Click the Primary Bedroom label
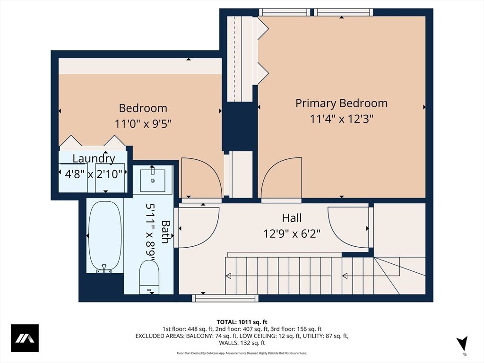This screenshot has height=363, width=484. tap(341, 103)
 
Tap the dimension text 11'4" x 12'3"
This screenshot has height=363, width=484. tap(341, 119)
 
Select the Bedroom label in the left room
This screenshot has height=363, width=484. tap(143, 108)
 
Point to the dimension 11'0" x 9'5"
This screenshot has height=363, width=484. tap(143, 124)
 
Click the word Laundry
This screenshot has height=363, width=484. tap(94, 159)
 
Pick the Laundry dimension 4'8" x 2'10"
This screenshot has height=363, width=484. tap(94, 173)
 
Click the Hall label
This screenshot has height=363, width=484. tap(292, 218)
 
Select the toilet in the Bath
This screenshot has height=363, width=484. tap(149, 277)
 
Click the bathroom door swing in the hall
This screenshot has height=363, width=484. tap(199, 227)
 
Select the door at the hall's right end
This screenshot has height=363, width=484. tap(349, 227)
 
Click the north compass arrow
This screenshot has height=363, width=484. tap(462, 344)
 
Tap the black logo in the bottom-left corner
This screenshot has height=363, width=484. tap(25, 338)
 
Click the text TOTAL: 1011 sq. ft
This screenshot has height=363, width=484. tap(242, 322)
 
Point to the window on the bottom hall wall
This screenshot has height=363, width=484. tap(225, 298)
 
